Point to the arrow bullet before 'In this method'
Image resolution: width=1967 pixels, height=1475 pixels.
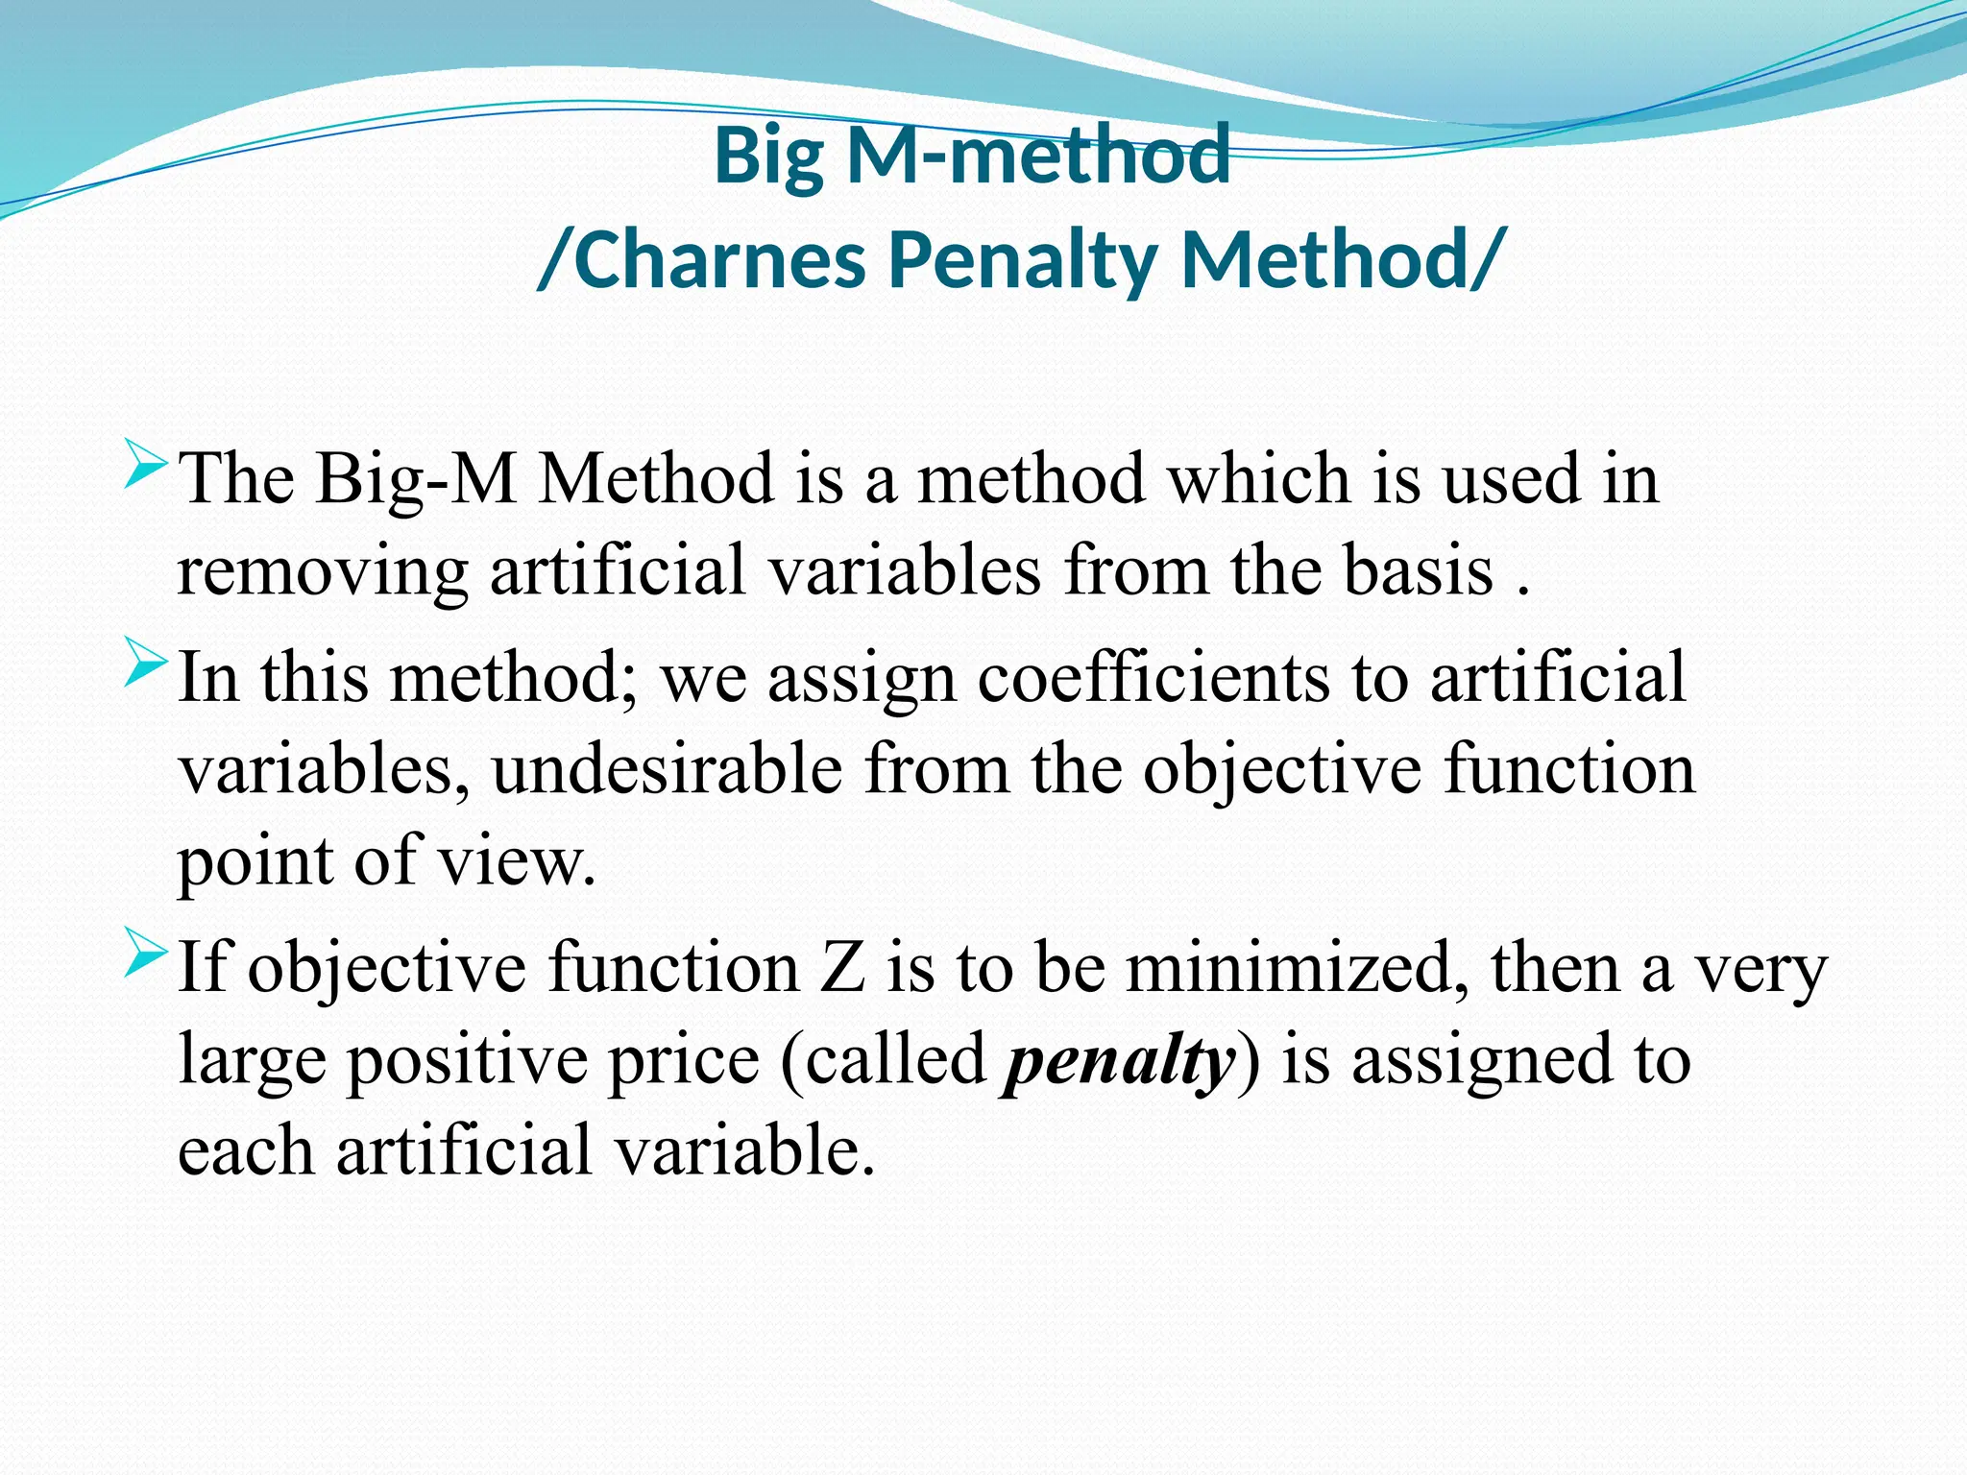click(x=146, y=664)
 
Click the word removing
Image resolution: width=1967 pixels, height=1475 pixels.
click(x=322, y=572)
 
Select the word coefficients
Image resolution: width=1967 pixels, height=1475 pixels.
click(x=1153, y=678)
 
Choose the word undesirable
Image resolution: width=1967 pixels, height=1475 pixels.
click(x=667, y=770)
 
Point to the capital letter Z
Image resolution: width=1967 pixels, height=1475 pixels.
click(x=842, y=968)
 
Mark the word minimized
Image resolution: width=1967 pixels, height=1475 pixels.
click(x=1297, y=968)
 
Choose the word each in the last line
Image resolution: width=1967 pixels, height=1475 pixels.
click(x=246, y=1150)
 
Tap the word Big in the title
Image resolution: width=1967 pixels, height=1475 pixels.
click(x=768, y=156)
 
